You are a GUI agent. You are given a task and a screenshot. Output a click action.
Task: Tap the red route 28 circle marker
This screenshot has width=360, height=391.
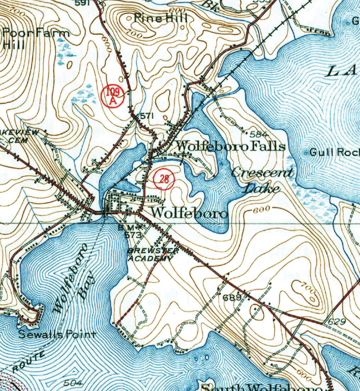[163, 177]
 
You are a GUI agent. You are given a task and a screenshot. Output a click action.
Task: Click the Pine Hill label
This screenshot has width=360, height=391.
[161, 18]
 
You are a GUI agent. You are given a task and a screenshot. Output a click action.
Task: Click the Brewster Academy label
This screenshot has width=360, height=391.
[152, 255]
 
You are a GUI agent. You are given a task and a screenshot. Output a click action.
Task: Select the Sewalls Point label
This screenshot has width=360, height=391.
[57, 334]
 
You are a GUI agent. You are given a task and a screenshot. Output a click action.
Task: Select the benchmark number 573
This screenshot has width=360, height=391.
[132, 235]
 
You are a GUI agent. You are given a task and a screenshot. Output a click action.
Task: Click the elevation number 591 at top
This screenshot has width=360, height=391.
[81, 3]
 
